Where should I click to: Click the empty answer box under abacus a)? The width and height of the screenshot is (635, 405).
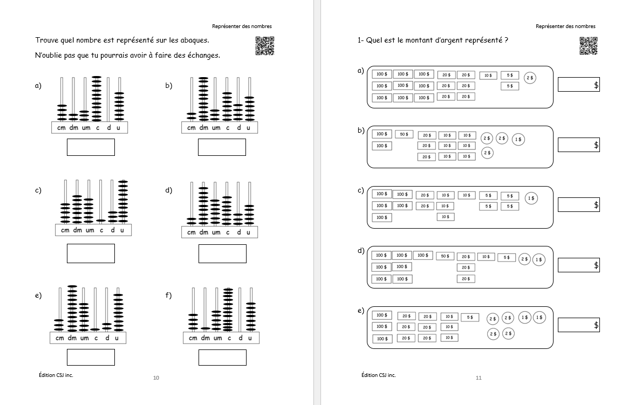(91, 147)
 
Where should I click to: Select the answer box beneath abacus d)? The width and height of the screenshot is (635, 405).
(222, 253)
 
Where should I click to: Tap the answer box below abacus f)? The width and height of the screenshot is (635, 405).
(222, 358)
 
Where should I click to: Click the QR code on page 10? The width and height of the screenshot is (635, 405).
(264, 45)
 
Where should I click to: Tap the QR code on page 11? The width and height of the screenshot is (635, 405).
(588, 45)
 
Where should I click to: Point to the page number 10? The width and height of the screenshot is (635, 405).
(156, 377)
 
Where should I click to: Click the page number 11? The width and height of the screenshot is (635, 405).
(478, 377)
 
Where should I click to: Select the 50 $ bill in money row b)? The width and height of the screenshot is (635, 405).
(404, 134)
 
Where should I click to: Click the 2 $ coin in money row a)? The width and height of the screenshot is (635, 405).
(530, 78)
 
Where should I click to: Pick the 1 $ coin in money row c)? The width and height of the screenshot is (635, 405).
(531, 198)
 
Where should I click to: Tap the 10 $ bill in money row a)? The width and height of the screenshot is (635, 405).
(487, 75)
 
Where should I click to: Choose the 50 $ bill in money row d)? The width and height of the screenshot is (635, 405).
(445, 256)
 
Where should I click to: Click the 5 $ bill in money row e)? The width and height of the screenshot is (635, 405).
(470, 317)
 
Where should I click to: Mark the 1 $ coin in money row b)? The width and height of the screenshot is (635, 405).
(517, 139)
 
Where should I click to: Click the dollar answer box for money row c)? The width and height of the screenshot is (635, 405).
(578, 205)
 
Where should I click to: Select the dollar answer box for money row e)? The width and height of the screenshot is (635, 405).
(578, 325)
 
